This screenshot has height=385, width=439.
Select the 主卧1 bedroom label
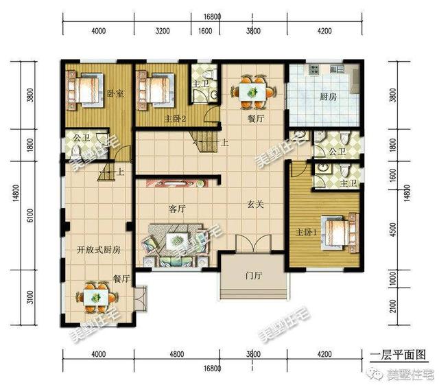tap(306, 231)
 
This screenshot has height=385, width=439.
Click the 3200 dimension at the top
tap(163, 31)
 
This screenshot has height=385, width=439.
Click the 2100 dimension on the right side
tap(393, 303)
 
